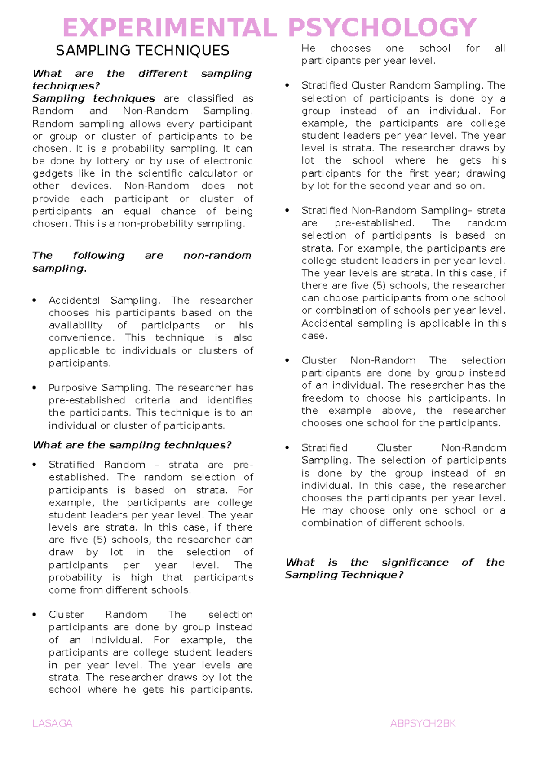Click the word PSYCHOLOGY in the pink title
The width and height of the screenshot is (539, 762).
[382, 28]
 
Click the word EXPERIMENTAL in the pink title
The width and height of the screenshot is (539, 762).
[170, 28]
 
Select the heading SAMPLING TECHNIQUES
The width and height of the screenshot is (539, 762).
[142, 51]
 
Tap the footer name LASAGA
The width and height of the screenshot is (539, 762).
[53, 723]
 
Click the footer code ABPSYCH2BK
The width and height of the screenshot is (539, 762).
[423, 723]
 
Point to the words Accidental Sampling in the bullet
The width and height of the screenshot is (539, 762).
[104, 301]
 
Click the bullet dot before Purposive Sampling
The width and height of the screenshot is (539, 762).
[35, 388]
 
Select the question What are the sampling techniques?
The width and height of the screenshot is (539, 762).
[132, 445]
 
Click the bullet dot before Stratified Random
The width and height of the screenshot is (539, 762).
[35, 465]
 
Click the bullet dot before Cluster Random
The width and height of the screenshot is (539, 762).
[35, 615]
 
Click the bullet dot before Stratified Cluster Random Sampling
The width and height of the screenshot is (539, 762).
[287, 85]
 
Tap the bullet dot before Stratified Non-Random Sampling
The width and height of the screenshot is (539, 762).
[287, 211]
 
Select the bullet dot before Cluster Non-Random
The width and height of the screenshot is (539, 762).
[287, 360]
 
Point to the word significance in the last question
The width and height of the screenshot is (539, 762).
[415, 563]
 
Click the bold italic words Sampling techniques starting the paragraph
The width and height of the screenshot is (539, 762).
[93, 98]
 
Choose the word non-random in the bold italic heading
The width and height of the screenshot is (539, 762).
[217, 256]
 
